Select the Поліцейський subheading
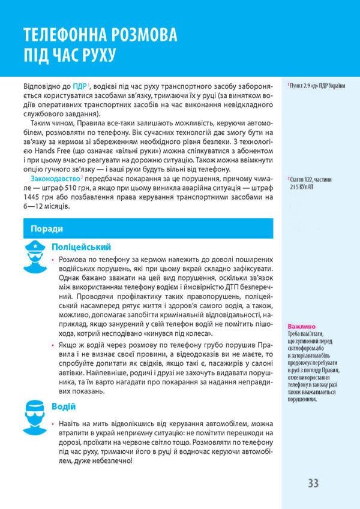[x=81, y=246]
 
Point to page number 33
[x=313, y=483]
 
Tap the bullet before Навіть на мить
[x=53, y=424]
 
